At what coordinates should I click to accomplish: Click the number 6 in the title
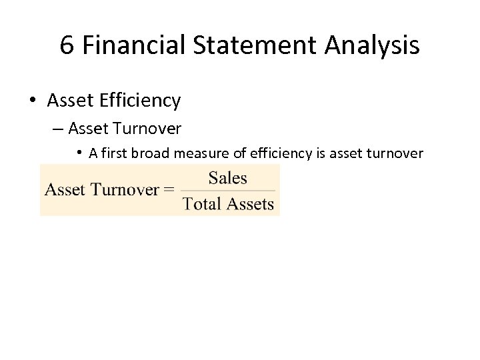coord(67,46)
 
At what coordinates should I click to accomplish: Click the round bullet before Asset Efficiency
coord(32,101)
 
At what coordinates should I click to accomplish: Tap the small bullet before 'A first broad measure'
coord(79,153)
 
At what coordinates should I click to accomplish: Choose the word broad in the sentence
coord(147,154)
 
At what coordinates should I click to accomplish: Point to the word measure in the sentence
coord(196,154)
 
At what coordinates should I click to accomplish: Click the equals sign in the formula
coord(169,190)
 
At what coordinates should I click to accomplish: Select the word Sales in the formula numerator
coord(227,178)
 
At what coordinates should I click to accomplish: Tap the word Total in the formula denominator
coord(201,204)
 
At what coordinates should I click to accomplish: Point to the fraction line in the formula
coord(227,191)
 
